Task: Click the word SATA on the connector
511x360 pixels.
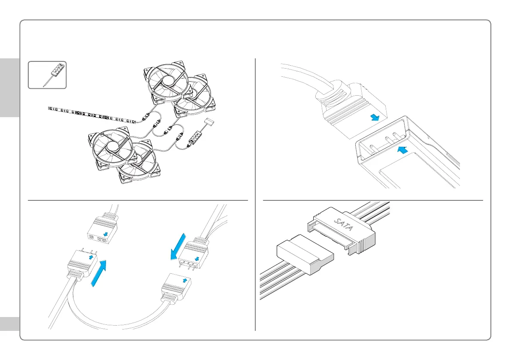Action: [342, 223]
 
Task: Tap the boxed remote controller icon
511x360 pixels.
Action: [47, 75]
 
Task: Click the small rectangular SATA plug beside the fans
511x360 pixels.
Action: [210, 123]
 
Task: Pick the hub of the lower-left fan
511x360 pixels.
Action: [113, 146]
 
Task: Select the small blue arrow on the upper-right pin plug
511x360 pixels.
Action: [197, 258]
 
